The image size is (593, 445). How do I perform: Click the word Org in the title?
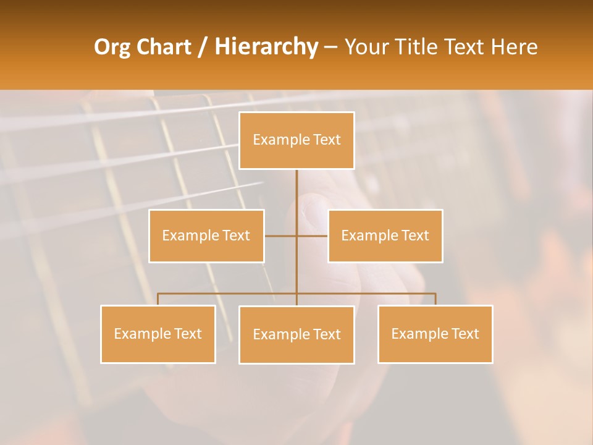[x=113, y=47]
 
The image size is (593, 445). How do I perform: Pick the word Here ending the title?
[x=514, y=47]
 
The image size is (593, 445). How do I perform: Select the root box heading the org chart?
[x=296, y=140]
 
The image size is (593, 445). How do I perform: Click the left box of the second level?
[x=206, y=235]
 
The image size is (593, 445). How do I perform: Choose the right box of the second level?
[x=385, y=235]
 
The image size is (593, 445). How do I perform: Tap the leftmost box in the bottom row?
[x=158, y=334]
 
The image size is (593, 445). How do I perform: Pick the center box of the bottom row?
[x=296, y=334]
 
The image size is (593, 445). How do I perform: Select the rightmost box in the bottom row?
[x=435, y=334]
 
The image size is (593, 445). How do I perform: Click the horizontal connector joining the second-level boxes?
[x=312, y=235]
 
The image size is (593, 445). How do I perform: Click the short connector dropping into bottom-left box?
[x=158, y=299]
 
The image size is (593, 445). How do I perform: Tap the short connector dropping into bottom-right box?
[x=435, y=299]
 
